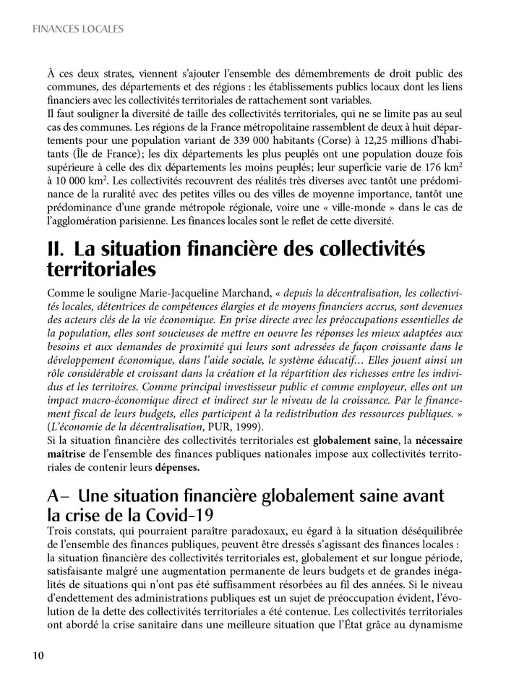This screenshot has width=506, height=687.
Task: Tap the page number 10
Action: coord(38,655)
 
